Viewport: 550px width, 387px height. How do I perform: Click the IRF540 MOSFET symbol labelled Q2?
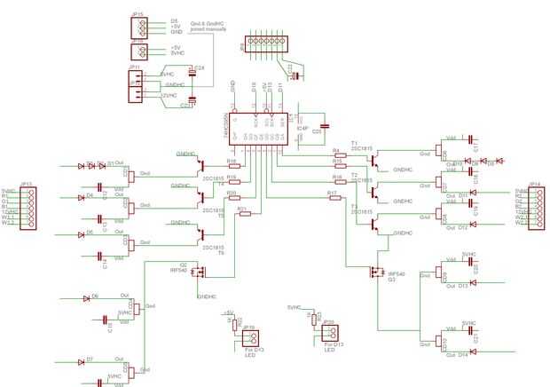198,272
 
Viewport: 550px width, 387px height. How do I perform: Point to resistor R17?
335,198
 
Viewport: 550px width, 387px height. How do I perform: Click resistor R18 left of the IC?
233,164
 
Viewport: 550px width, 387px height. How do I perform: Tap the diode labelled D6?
86,299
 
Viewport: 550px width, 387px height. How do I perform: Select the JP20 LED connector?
329,329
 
